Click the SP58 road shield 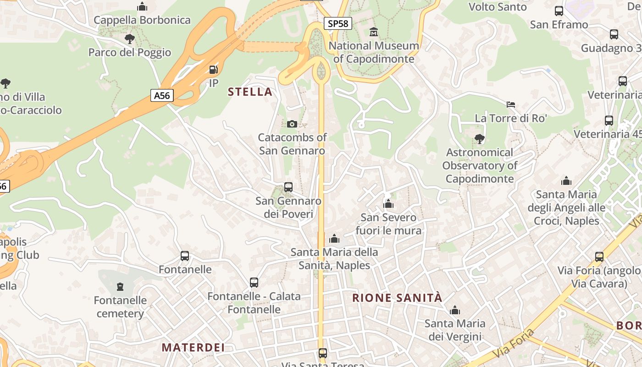click(338, 23)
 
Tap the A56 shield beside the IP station click(162, 95)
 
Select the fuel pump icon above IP click(213, 70)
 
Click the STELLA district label click(250, 92)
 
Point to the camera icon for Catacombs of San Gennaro click(292, 124)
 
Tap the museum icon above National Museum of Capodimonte click(374, 32)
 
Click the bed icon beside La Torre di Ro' click(511, 105)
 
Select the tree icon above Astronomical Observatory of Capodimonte click(479, 139)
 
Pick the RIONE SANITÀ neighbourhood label click(397, 298)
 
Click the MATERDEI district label click(193, 347)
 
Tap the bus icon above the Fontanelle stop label click(185, 256)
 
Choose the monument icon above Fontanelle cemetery click(120, 287)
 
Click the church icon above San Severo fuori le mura click(388, 204)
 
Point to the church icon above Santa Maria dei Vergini click(455, 310)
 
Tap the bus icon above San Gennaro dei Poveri click(288, 187)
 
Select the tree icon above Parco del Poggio click(130, 39)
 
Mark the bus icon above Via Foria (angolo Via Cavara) click(599, 257)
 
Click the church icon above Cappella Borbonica click(142, 7)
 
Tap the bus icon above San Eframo click(559, 11)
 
